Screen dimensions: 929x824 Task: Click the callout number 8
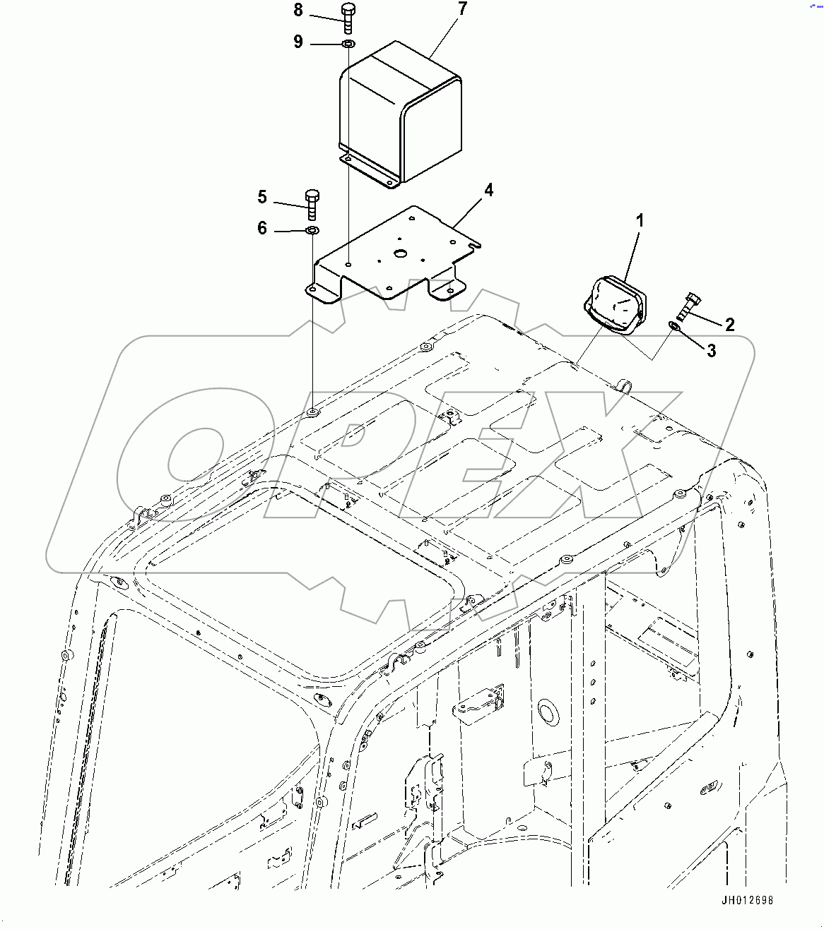click(x=298, y=11)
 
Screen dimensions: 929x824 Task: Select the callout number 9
click(x=298, y=42)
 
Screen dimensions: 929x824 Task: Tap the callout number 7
click(x=462, y=9)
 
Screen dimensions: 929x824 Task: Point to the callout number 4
click(x=488, y=190)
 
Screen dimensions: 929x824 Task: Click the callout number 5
click(x=262, y=197)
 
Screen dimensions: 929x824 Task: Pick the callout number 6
click(x=262, y=229)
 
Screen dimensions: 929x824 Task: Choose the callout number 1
click(x=640, y=221)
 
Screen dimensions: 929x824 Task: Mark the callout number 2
click(x=729, y=324)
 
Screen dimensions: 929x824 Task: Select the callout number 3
click(x=711, y=351)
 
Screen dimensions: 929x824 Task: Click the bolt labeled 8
click(x=348, y=18)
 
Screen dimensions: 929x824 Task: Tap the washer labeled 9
click(x=348, y=44)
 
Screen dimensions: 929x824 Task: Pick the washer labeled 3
click(x=673, y=325)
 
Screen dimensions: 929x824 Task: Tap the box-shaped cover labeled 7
click(x=399, y=113)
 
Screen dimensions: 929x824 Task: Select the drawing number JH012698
click(x=747, y=901)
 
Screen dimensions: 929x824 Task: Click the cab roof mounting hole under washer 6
click(x=312, y=411)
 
